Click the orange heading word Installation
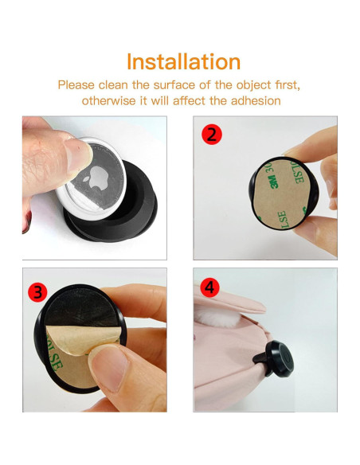183,61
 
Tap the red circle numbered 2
212,135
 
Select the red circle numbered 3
37,291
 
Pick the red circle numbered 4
209,287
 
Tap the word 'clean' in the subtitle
113,85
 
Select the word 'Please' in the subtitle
76,85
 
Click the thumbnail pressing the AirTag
78,154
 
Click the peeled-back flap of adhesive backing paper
84,338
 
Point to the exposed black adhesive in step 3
81,308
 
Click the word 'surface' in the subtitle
174,85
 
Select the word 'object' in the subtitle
253,85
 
